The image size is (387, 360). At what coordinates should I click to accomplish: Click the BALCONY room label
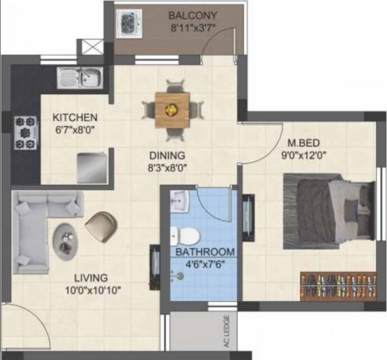click(193, 15)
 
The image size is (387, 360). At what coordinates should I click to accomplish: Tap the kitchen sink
click(80, 78)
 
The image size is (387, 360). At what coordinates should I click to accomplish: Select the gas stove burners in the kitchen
click(26, 133)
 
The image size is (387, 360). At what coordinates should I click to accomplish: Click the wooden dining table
click(172, 110)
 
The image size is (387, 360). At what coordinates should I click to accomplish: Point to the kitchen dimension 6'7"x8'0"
click(75, 130)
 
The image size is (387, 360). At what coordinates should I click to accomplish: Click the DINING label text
click(167, 156)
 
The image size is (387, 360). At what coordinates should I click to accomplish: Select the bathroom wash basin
click(180, 201)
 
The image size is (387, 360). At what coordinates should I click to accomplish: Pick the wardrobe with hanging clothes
click(338, 286)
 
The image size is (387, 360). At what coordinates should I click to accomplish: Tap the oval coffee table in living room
click(65, 241)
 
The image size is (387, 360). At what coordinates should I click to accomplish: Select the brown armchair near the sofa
click(101, 226)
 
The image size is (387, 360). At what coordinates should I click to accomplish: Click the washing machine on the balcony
click(129, 23)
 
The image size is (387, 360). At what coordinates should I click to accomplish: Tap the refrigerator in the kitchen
click(92, 168)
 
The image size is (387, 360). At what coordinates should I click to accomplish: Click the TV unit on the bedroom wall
click(248, 218)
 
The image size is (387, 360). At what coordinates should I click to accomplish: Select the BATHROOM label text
click(205, 252)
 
